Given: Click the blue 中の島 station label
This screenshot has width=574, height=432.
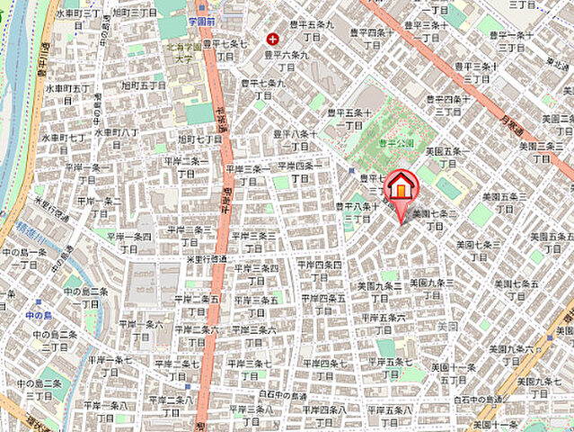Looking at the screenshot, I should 40,315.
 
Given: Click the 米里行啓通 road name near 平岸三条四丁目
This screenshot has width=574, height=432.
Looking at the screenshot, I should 206,259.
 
